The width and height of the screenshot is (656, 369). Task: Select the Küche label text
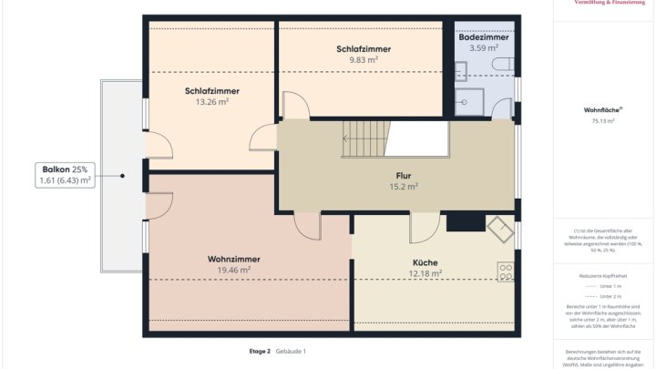pos(425,261)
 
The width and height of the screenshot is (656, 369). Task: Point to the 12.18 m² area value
pos(425,272)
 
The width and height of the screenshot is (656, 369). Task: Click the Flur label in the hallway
pos(403,175)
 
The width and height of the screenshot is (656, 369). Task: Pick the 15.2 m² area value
pos(403,186)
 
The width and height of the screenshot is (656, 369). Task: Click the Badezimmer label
pos(483,36)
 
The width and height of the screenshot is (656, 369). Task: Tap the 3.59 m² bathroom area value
pos(483,47)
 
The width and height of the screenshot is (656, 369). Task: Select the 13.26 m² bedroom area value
pos(210,102)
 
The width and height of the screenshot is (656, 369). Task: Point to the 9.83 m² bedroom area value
pos(363,59)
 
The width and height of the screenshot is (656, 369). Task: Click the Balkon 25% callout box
pos(66,175)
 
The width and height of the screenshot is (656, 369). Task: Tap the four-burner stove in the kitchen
pos(505,271)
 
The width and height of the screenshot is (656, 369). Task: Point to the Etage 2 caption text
pos(260,351)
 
